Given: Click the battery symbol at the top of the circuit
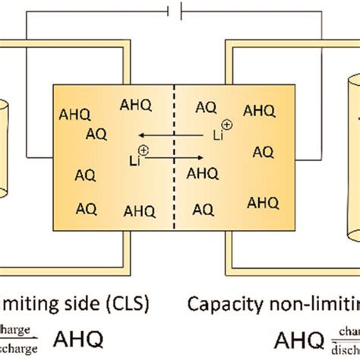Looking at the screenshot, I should click(x=179, y=13).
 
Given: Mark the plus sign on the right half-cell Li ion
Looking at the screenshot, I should click(x=225, y=123).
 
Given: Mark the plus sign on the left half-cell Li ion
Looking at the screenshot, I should click(x=144, y=151).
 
